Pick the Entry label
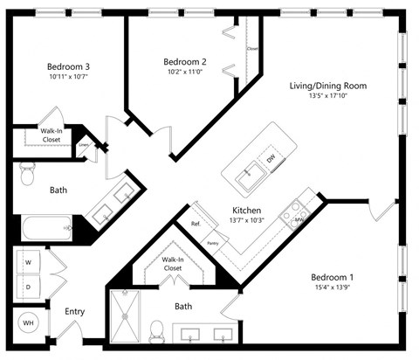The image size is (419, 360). (75, 311)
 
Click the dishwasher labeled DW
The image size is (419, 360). (271, 160)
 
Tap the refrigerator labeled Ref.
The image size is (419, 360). (196, 224)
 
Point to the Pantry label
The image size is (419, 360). (211, 241)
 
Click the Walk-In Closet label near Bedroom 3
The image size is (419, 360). (51, 135)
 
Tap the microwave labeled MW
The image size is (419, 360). (298, 218)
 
